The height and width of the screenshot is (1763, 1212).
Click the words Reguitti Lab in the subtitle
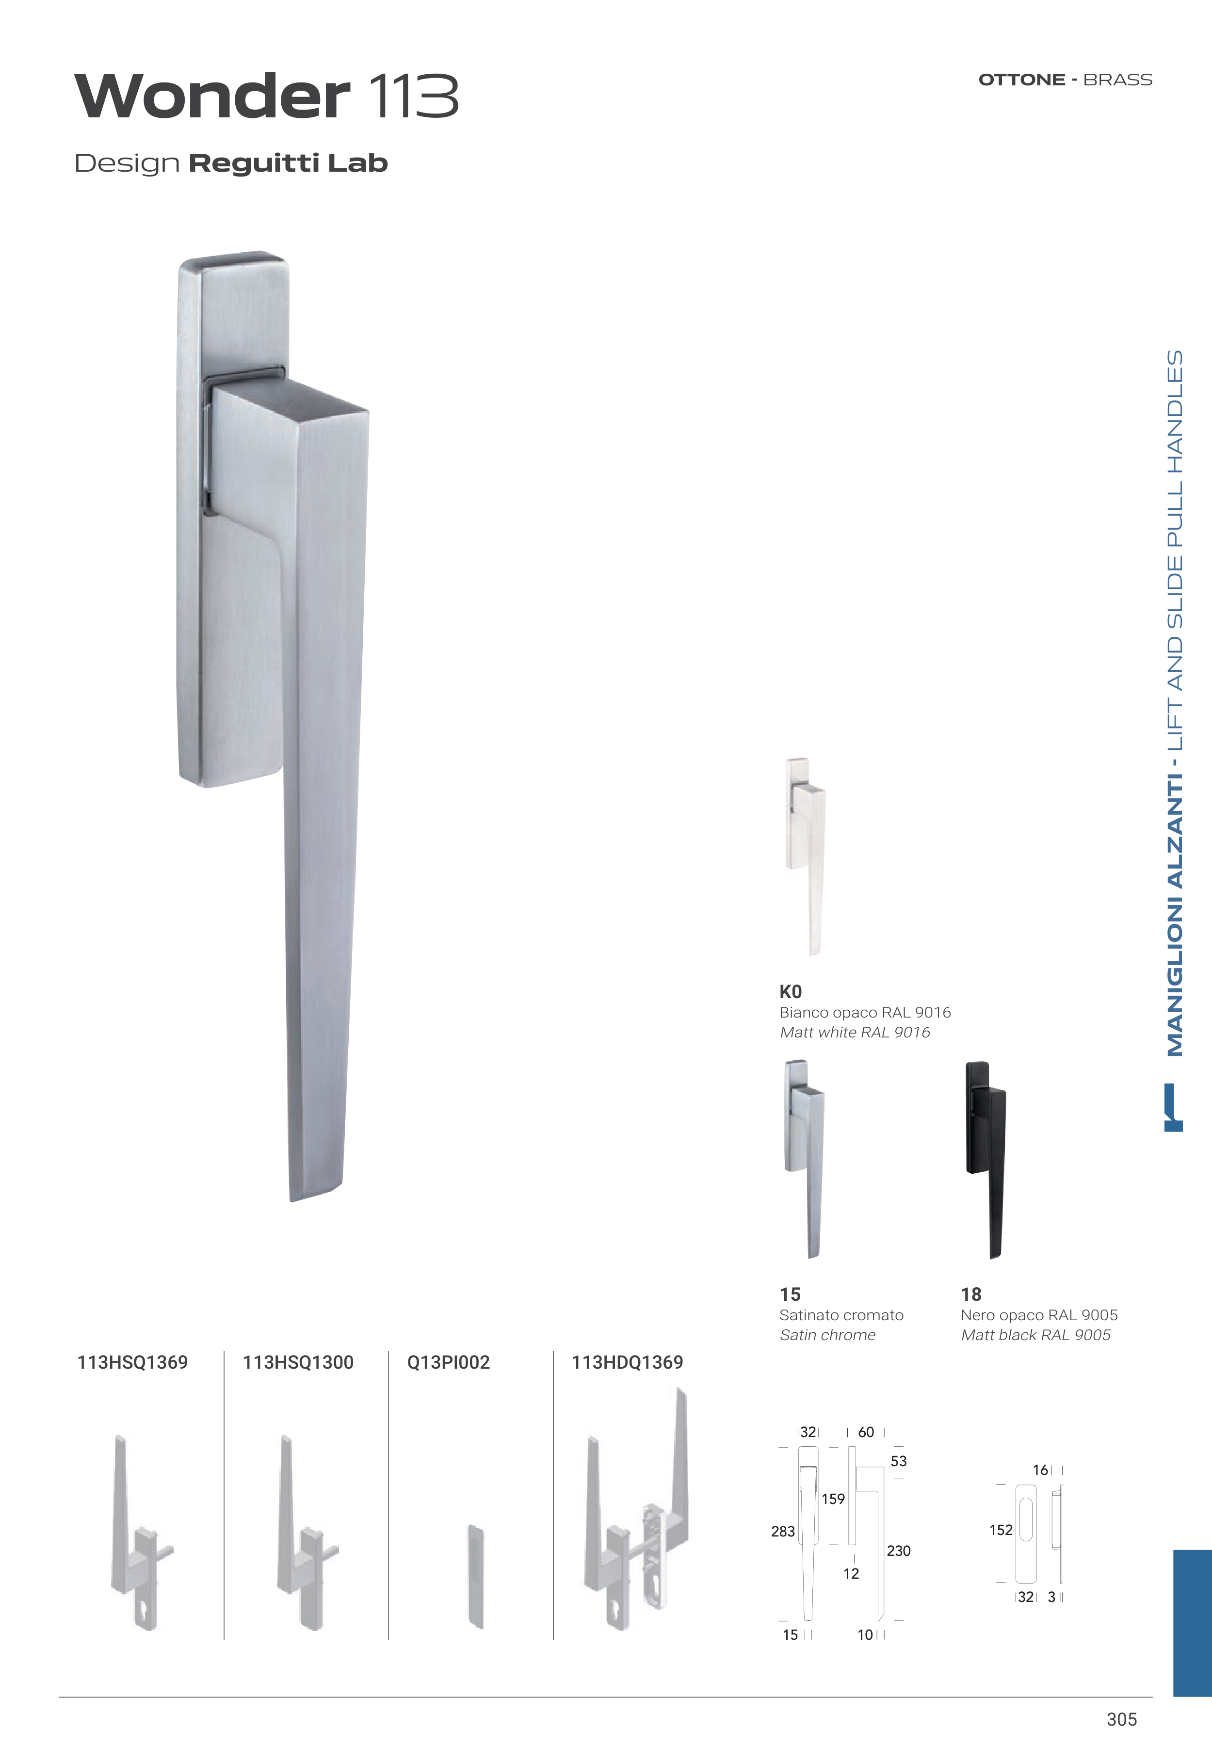click(288, 163)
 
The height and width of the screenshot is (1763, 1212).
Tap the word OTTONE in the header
click(1021, 80)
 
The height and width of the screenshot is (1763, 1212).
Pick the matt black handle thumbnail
click(986, 1159)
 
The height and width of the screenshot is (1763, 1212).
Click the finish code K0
click(791, 991)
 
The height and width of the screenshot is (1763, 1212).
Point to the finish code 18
click(971, 1294)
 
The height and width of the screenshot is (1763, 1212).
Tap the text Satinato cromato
click(841, 1315)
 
